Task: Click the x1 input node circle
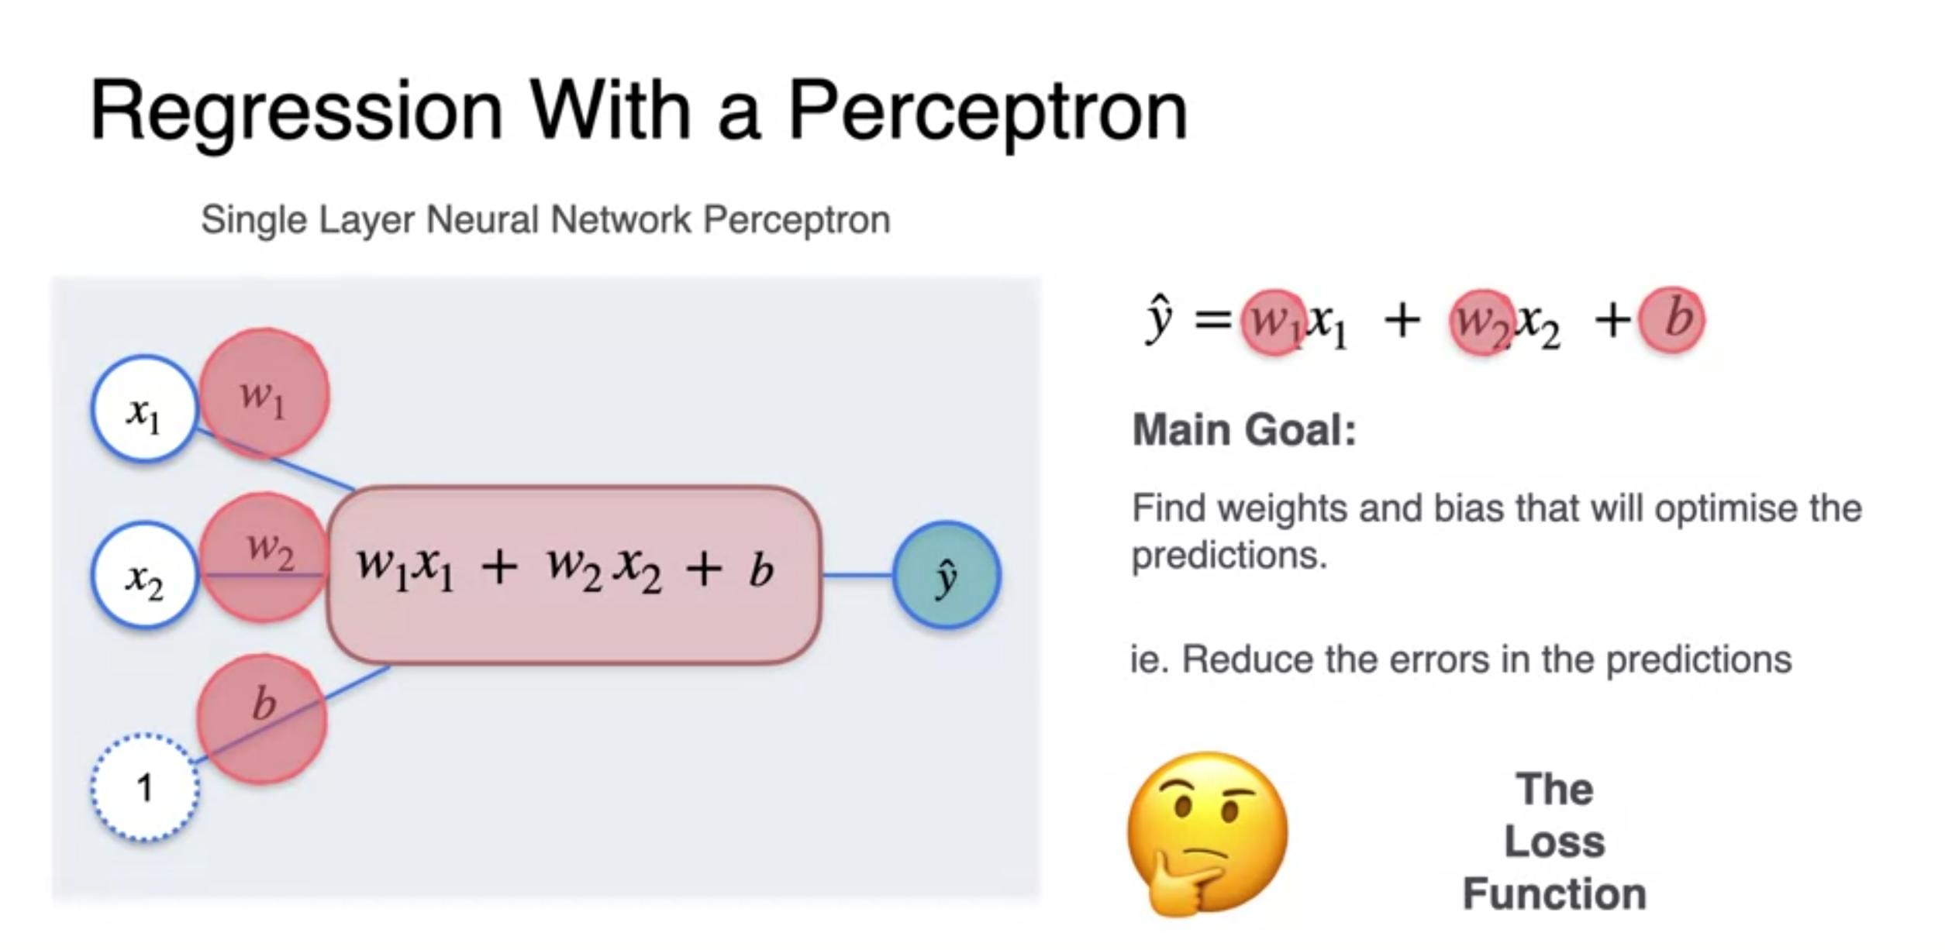click(x=144, y=409)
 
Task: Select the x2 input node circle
click(x=144, y=576)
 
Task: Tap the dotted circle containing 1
click(x=144, y=787)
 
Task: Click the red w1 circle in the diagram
click(x=264, y=393)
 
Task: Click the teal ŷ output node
click(x=947, y=575)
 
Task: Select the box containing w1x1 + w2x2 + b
click(x=574, y=575)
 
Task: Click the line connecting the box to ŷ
click(x=857, y=575)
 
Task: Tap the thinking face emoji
click(x=1206, y=833)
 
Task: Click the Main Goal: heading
click(x=1244, y=430)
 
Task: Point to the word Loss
click(x=1554, y=842)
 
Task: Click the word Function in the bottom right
click(x=1554, y=893)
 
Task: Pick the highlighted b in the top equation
click(x=1672, y=320)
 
